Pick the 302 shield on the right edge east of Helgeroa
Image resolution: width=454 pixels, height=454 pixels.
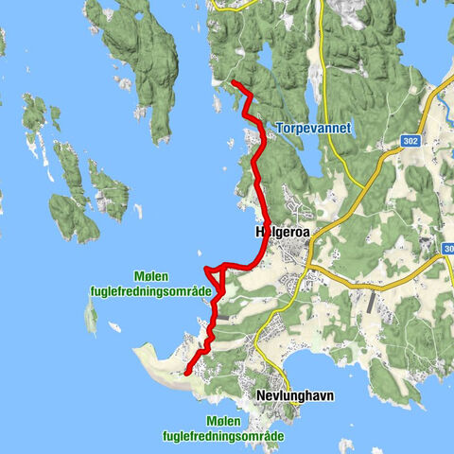pos(448,247)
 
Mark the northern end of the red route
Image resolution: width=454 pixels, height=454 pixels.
pos(233,84)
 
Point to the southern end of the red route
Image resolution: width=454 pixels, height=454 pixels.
pos(186,373)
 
